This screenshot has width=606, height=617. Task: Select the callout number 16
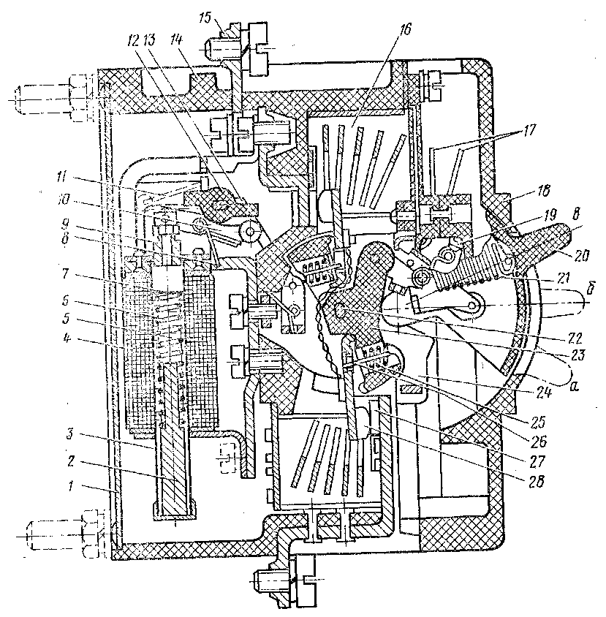point(406,29)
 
